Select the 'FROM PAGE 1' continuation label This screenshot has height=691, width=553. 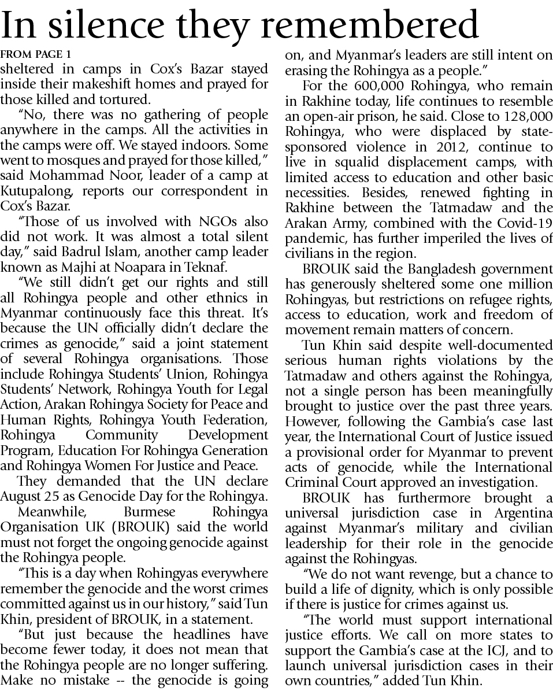coord(36,55)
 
